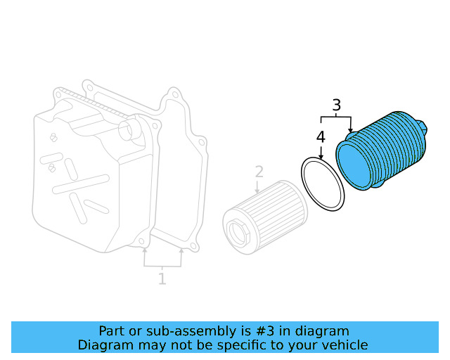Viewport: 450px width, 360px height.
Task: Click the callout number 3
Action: pyautogui.click(x=337, y=105)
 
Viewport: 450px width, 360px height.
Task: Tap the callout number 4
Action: pyautogui.click(x=321, y=136)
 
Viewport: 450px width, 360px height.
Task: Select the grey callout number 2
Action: pyautogui.click(x=259, y=172)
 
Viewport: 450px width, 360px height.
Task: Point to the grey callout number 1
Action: pyautogui.click(x=162, y=279)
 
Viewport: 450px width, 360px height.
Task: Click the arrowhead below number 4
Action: pyautogui.click(x=321, y=156)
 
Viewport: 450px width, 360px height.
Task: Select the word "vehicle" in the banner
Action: pyautogui.click(x=344, y=345)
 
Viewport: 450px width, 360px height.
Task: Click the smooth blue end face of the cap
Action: pyautogui.click(x=355, y=166)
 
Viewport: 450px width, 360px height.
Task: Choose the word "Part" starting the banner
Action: pyautogui.click(x=111, y=330)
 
